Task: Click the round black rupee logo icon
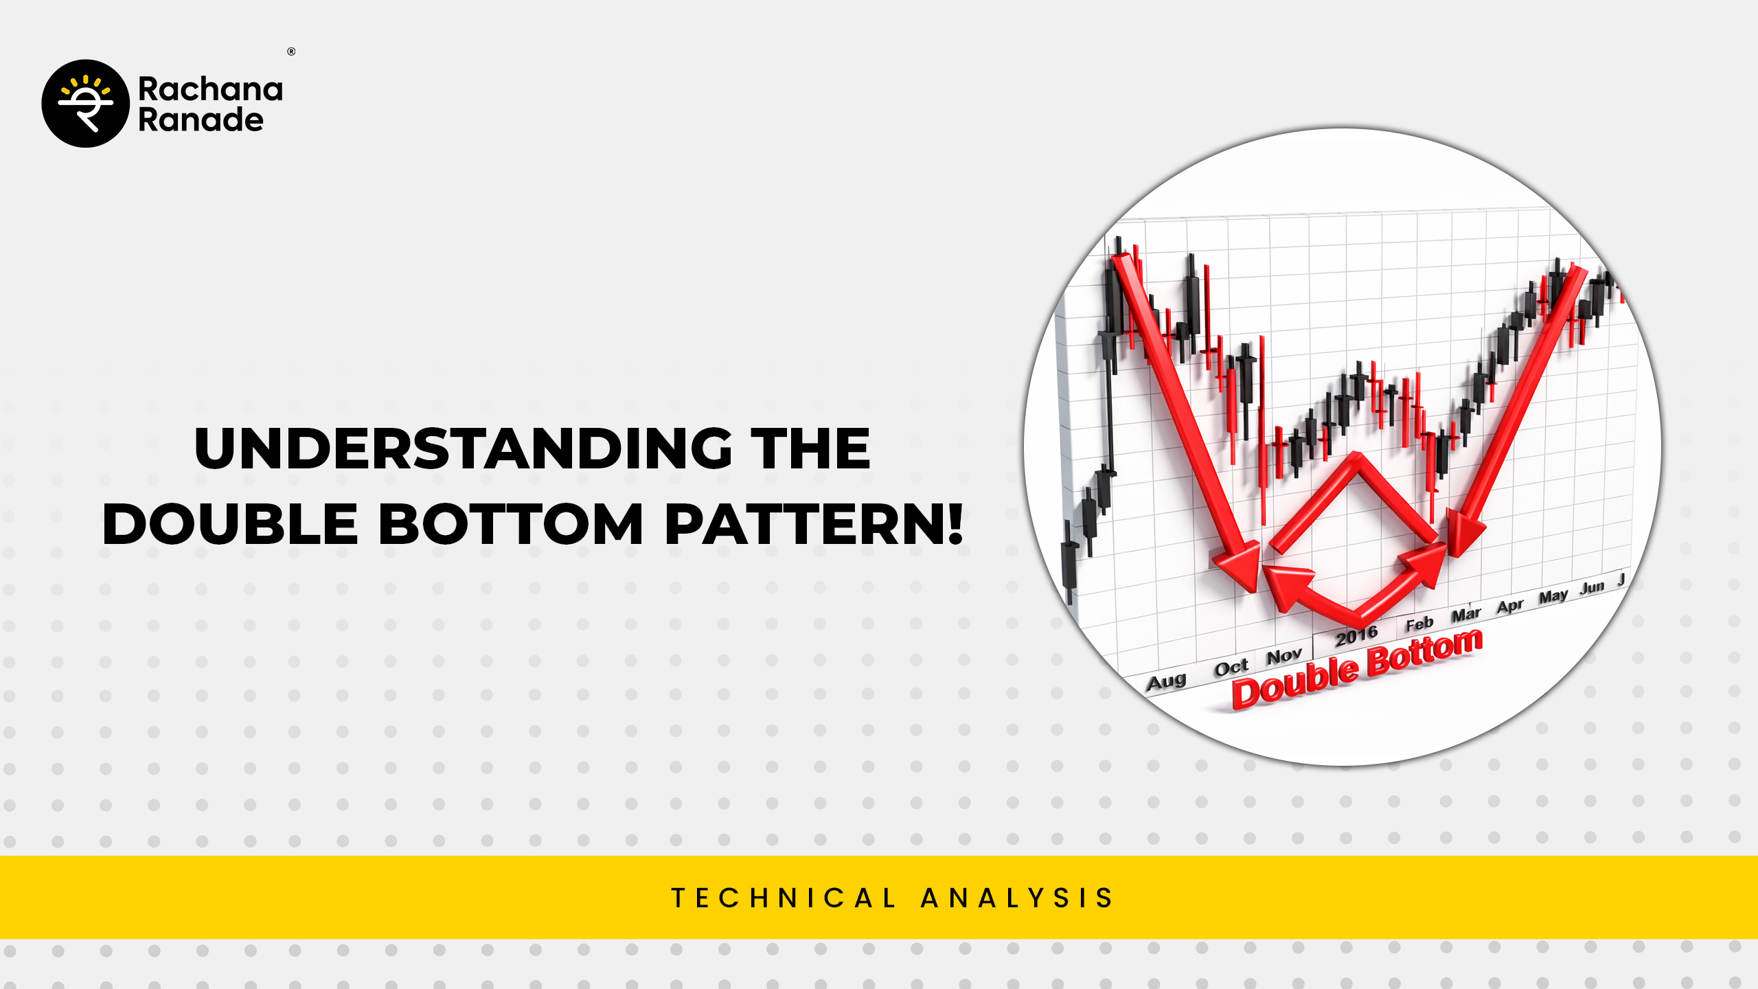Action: (x=85, y=104)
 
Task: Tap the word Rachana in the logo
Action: (x=210, y=89)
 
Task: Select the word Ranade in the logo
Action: (x=201, y=120)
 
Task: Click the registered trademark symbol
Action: (x=291, y=52)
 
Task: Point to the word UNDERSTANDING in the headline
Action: (x=464, y=448)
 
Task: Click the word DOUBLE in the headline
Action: (x=230, y=523)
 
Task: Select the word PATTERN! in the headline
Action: (x=814, y=523)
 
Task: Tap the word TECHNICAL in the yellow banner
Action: (x=784, y=898)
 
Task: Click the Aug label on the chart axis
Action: (x=1166, y=681)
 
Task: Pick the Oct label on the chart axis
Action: (x=1231, y=668)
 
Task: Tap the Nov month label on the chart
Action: (x=1284, y=656)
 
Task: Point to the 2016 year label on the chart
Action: (x=1356, y=636)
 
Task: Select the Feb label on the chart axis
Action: (x=1419, y=624)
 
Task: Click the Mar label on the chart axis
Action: (x=1466, y=615)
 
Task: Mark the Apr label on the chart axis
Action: (x=1511, y=606)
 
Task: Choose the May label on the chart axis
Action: (x=1553, y=596)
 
